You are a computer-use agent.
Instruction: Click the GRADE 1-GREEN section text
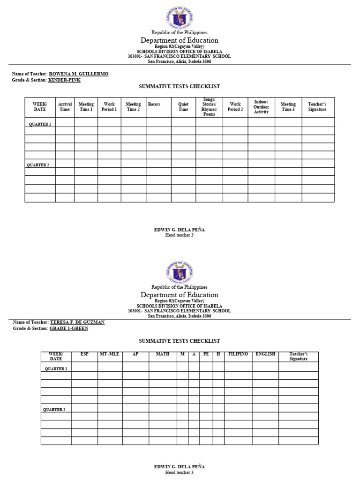coord(68,329)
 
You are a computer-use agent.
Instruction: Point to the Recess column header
coord(154,104)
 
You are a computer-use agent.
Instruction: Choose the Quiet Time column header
coord(183,107)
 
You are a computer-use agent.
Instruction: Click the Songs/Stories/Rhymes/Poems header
coord(209,107)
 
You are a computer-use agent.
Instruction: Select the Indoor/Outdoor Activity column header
coord(261,107)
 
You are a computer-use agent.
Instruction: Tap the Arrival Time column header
coord(65,107)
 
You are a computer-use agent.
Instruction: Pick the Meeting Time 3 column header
coord(288,107)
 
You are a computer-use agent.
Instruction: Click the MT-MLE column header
coord(110,354)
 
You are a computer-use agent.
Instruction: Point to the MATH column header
coord(162,354)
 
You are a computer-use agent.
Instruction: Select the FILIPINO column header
coord(238,354)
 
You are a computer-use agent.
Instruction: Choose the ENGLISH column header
coord(265,354)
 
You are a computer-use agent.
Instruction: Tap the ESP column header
coord(84,354)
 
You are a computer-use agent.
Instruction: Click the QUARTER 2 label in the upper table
coord(38,165)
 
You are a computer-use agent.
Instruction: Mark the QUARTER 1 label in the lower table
coord(56,369)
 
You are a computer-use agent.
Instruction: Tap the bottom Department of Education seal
coord(180,272)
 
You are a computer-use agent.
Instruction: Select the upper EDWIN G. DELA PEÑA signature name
coord(180,230)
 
